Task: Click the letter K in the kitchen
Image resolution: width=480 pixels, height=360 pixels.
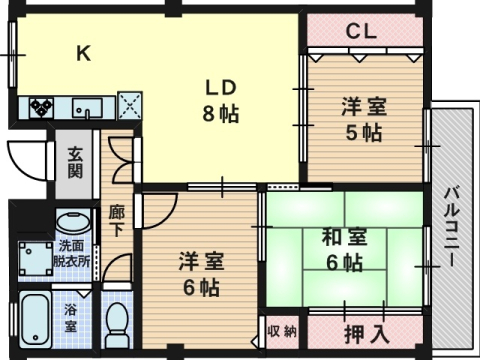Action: coord(85,55)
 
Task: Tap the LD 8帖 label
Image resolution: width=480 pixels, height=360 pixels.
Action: coord(219,99)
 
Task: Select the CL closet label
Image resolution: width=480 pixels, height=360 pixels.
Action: coord(361,31)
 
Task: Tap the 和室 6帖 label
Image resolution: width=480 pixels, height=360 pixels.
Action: coord(342,251)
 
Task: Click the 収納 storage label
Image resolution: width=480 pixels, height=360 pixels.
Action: coord(281,331)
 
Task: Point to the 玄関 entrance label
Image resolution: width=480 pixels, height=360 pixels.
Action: coord(75,161)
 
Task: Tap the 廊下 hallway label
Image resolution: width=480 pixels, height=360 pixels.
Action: coord(117,220)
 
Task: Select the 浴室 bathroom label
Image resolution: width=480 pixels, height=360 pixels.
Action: coord(71,318)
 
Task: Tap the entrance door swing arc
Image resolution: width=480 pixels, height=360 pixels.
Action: coord(25,157)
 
